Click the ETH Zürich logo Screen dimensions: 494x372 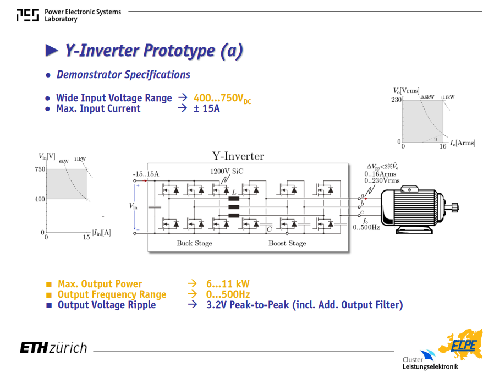[53, 348]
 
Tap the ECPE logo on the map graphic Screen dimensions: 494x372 [463, 345]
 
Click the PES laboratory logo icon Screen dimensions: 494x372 [28, 15]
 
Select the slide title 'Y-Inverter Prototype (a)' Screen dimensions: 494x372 [154, 51]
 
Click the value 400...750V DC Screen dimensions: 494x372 [222, 98]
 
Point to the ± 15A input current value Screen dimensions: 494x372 [206, 108]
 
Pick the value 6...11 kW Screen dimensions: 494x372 [228, 284]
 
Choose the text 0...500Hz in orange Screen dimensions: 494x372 [228, 294]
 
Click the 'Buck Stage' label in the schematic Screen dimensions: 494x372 [194, 243]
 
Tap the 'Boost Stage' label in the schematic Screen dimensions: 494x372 [287, 243]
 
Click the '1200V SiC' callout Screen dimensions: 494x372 [227, 171]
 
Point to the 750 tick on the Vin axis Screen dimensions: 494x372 [40, 169]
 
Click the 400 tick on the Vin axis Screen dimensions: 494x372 [40, 199]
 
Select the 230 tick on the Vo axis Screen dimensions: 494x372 [396, 100]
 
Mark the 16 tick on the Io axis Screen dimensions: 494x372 [443, 146]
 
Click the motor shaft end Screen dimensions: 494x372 [457, 207]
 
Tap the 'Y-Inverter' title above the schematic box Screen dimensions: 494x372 [238, 156]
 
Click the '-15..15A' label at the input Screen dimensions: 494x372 [146, 174]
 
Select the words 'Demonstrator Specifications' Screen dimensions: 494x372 [123, 75]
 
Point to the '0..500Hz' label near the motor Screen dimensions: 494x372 [366, 228]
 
